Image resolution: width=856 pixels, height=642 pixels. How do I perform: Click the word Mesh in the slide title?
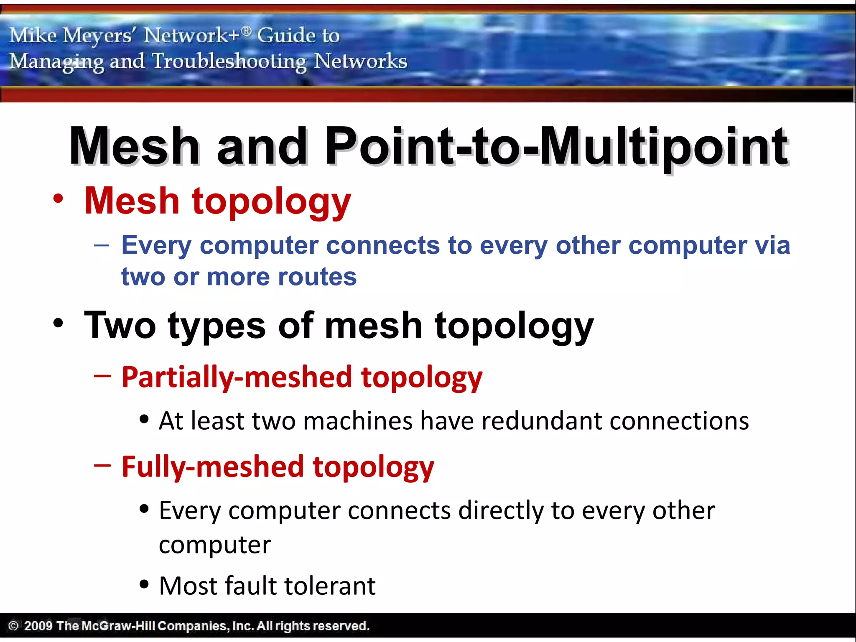[135, 146]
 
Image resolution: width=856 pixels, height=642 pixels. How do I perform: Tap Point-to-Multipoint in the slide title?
[556, 146]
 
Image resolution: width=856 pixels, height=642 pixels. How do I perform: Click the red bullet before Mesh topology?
[59, 199]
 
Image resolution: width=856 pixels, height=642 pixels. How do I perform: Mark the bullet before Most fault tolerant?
[144, 584]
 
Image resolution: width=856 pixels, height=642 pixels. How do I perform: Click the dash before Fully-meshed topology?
[102, 465]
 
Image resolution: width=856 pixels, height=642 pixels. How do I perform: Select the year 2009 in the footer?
[38, 626]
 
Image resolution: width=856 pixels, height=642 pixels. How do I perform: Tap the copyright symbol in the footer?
[13, 626]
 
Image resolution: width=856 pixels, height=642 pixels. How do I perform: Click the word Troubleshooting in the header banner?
[229, 61]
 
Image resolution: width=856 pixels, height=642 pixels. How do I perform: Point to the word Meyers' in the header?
[97, 35]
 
